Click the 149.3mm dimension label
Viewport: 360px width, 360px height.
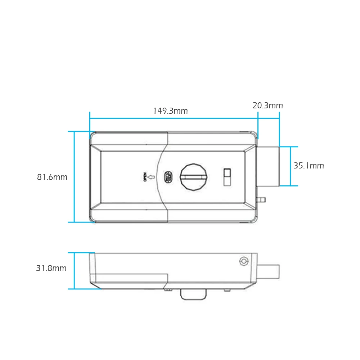point(170,111)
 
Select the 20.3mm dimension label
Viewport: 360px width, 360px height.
point(267,105)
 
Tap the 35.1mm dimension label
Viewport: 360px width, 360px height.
point(309,166)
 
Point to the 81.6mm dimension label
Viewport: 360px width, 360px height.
point(52,177)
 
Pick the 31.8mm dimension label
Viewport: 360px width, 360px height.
point(51,268)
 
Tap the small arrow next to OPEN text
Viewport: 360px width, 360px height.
point(151,177)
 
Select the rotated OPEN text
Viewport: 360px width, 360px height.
point(145,177)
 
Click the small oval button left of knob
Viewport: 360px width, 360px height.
point(168,177)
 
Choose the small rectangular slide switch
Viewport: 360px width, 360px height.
point(227,177)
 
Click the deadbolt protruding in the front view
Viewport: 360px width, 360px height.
point(268,166)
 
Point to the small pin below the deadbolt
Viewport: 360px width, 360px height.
point(262,199)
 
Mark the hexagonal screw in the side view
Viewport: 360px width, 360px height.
point(244,261)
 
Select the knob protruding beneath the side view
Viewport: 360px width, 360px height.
point(193,294)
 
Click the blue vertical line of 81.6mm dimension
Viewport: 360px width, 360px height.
point(74,177)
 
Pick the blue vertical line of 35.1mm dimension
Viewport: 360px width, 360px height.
point(291,166)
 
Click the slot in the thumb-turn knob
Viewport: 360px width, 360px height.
point(194,177)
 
